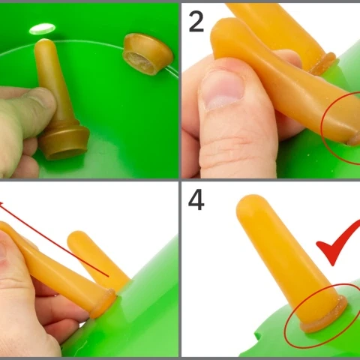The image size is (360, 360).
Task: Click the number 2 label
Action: coord(196,22)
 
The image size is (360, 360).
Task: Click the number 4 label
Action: coord(196,199)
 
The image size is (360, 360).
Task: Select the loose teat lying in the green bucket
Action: coord(148,54)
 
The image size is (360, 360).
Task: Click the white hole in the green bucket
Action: coord(42,29)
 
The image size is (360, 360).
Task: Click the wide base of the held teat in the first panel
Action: coord(64,142)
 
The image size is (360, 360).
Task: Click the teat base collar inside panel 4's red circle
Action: coord(325,317)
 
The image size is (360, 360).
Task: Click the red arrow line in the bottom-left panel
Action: coord(54,239)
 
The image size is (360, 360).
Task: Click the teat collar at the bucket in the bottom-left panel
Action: coord(103,304)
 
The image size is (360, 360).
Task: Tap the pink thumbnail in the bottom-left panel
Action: coord(3,253)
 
